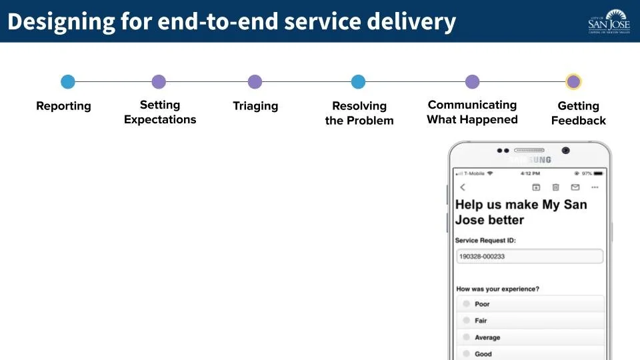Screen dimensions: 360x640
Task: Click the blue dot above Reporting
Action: tap(68, 82)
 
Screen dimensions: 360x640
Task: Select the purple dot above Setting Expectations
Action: tap(159, 82)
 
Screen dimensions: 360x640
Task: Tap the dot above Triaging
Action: tap(255, 82)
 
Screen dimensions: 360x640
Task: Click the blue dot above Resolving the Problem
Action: tap(359, 82)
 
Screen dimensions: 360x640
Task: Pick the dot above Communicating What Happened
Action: tap(472, 82)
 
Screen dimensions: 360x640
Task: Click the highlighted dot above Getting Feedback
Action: tap(573, 82)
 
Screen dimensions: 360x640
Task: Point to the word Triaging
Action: tap(255, 106)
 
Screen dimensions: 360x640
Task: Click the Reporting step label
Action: tap(63, 106)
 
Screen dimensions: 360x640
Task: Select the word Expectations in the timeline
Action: tap(160, 120)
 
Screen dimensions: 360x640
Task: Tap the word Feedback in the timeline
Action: tap(579, 121)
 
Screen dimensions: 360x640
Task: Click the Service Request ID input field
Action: tap(529, 257)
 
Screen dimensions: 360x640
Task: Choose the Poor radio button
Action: tap(467, 304)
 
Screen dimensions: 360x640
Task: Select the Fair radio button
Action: tap(467, 321)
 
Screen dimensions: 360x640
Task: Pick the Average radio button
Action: tap(467, 337)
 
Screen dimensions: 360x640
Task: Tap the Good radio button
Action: tap(467, 354)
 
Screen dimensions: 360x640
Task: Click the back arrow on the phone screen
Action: tap(463, 187)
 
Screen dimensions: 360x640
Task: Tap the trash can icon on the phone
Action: tap(555, 187)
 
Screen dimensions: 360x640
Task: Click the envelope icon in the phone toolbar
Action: tap(575, 187)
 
